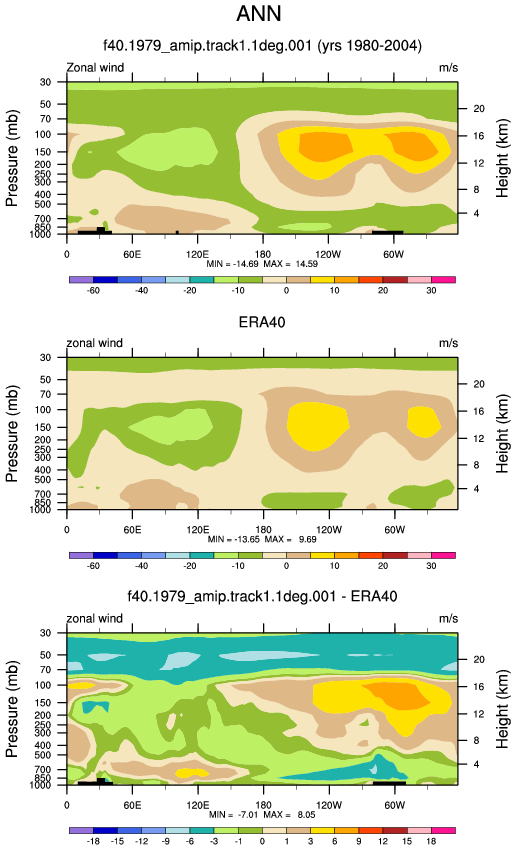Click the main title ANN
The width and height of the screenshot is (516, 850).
tap(259, 13)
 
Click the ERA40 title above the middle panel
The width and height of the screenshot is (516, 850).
tap(262, 322)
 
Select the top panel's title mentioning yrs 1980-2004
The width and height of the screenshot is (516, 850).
tap(262, 45)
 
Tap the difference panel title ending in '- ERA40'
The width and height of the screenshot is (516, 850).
tap(262, 596)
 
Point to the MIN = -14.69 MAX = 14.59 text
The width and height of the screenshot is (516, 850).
tap(262, 264)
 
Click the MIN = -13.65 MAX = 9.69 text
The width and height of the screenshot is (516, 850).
tap(262, 539)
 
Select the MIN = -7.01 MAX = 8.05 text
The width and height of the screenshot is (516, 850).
tap(262, 815)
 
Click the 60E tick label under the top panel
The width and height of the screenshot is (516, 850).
tap(132, 254)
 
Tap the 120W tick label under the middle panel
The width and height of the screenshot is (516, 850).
tap(328, 530)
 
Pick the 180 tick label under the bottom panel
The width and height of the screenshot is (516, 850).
tap(263, 805)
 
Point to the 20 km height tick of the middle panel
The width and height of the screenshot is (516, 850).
tap(479, 384)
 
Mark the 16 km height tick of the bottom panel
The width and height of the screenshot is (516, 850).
tap(479, 687)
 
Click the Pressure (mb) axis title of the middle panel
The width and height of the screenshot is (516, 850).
tap(12, 434)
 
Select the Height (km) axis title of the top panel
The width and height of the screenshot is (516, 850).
tap(502, 158)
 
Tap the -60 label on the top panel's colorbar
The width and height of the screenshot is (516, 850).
tap(93, 290)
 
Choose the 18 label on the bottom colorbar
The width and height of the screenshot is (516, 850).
tap(431, 841)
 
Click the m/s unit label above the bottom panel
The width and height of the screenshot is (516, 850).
tap(448, 619)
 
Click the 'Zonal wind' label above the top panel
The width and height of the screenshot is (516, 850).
tap(95, 68)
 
